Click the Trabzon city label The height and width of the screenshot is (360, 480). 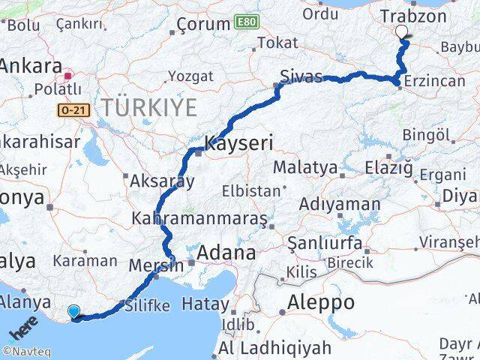(413, 16)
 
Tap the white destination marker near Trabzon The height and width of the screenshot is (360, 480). (402, 32)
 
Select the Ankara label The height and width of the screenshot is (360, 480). (30, 65)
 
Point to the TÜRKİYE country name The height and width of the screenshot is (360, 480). (149, 107)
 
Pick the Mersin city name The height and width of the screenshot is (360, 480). (155, 265)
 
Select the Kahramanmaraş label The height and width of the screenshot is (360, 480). (199, 219)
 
